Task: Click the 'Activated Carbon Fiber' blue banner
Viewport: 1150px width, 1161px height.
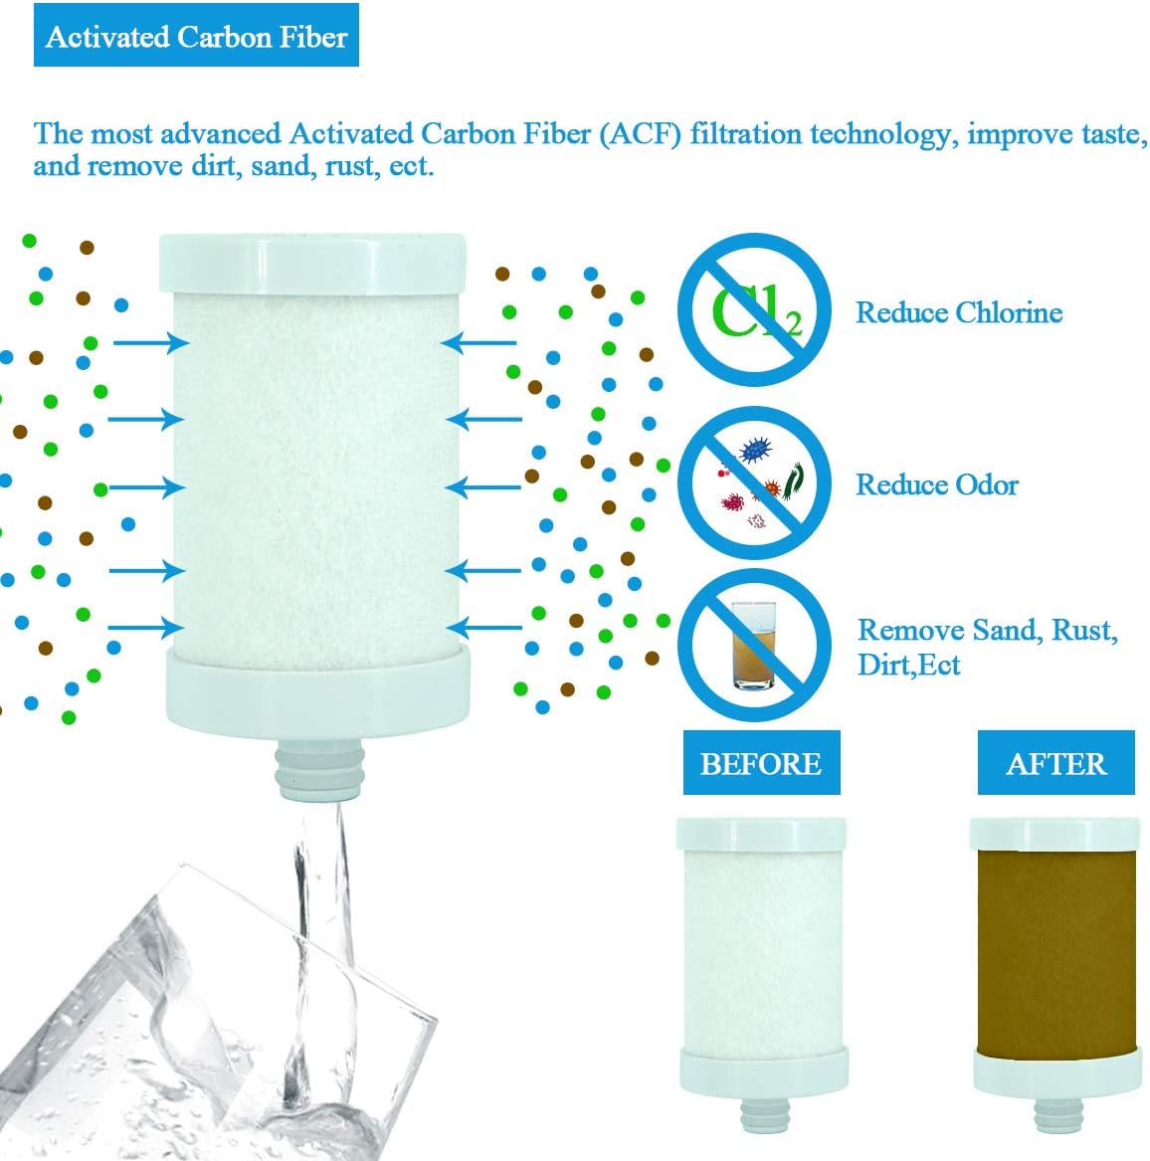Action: coord(196,37)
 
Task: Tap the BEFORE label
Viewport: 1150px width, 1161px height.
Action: coord(761,763)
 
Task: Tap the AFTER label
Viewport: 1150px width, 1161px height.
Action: coord(1055,763)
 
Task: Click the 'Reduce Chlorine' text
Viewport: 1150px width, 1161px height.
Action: coord(959,312)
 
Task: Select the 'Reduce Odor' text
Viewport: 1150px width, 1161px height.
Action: coord(937,484)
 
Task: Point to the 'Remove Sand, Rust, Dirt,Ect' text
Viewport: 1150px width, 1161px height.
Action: coord(987,647)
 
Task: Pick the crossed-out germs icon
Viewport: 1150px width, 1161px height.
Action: coord(754,483)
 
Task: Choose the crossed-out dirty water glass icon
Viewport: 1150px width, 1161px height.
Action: coord(754,645)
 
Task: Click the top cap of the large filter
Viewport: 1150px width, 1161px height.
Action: coord(311,262)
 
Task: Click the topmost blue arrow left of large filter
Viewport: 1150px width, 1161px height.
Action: coord(150,343)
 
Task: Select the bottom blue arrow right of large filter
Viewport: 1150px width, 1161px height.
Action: coord(484,627)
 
